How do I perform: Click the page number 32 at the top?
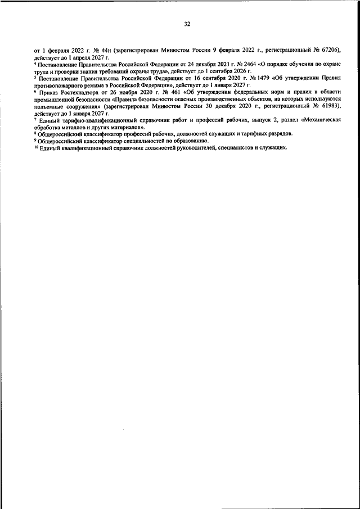[187, 24]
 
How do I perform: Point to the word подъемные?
[48, 105]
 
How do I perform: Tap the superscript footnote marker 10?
[36, 146]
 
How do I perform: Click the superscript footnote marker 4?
[35, 64]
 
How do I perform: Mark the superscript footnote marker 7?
[35, 119]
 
